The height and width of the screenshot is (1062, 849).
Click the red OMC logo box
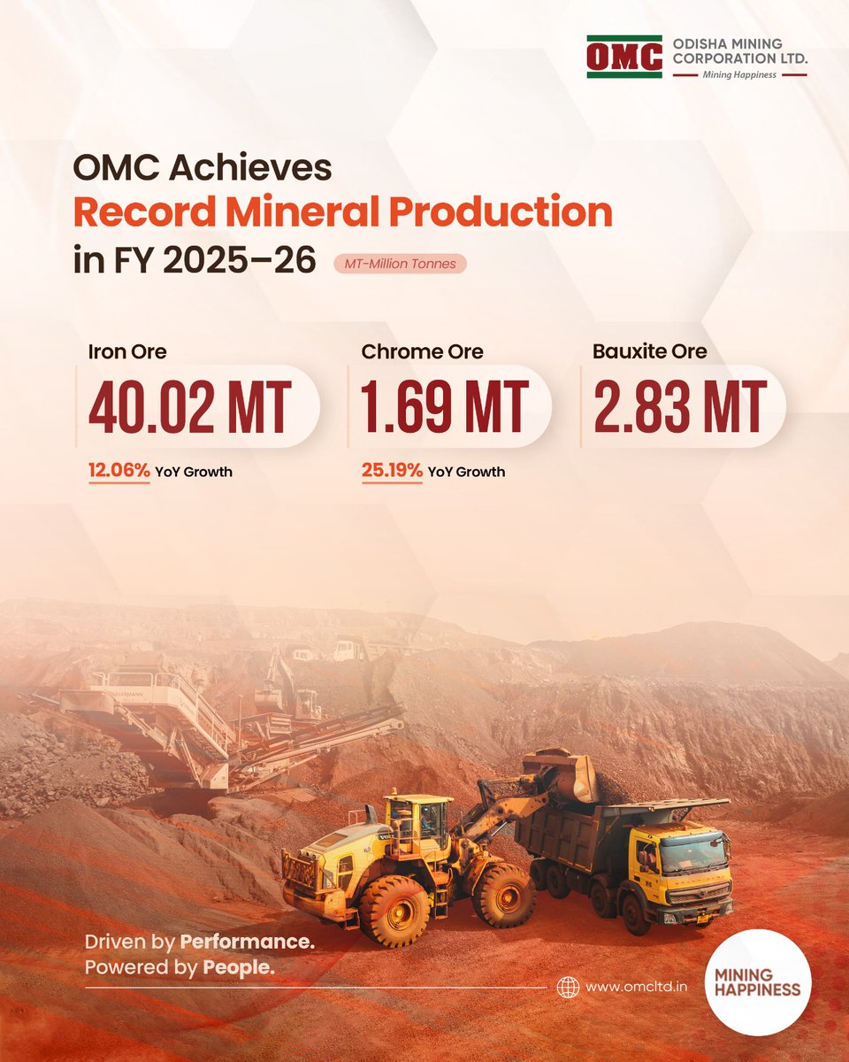click(x=624, y=58)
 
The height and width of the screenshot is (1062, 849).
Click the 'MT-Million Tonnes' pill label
click(x=400, y=264)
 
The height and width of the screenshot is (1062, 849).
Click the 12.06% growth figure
click(x=119, y=471)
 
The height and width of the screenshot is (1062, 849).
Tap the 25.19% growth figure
click(x=392, y=471)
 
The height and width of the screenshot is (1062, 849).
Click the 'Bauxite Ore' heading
click(x=650, y=350)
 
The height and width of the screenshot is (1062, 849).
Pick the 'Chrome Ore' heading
click(x=422, y=351)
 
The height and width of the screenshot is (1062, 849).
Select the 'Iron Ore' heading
click(x=127, y=351)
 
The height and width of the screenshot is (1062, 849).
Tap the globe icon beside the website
click(x=568, y=987)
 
